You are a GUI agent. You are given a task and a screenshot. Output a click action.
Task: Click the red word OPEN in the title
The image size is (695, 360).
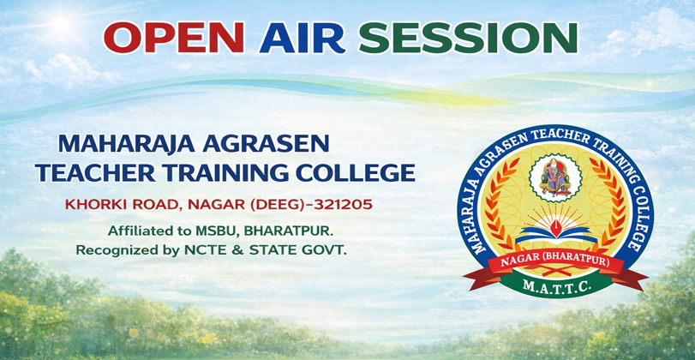click(174, 37)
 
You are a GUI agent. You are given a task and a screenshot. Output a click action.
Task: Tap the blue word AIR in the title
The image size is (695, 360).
click(303, 37)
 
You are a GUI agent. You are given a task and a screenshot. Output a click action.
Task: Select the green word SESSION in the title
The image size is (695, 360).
click(468, 37)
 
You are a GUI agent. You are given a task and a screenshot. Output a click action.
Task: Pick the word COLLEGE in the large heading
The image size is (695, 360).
click(358, 173)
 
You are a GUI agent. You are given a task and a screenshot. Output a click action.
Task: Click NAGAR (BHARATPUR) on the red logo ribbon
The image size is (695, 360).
click(555, 262)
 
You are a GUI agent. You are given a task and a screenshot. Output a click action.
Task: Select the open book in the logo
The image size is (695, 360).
click(553, 235)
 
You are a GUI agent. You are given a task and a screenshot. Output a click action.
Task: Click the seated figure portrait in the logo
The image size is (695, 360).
click(555, 177)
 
